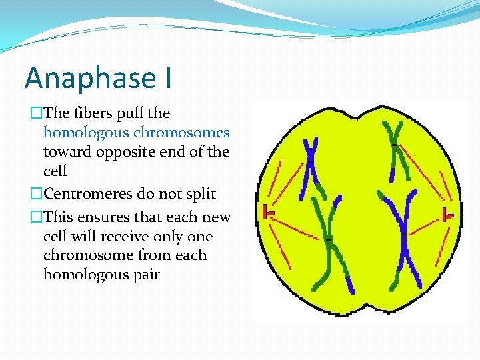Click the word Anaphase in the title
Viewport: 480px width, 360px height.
(x=89, y=78)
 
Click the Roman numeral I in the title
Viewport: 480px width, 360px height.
(x=166, y=78)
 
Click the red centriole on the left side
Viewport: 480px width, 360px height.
(x=268, y=211)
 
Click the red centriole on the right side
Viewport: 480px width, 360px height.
(x=448, y=214)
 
